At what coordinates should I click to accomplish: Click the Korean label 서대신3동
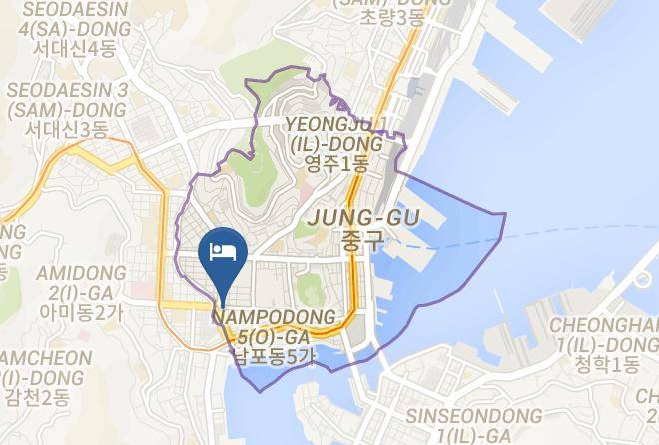coord(66,129)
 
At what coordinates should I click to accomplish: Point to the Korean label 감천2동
coord(35,398)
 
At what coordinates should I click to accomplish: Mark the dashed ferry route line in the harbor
coord(559,231)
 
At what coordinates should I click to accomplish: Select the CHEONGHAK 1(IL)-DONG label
coord(604,334)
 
